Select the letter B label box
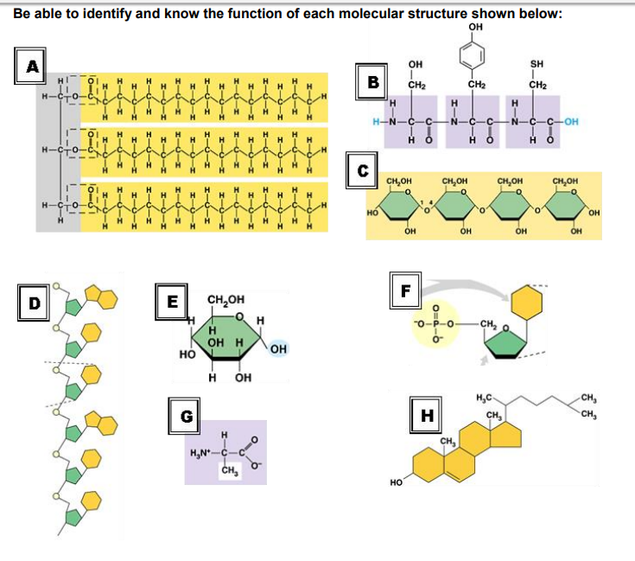tap(373, 84)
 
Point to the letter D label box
tap(35, 303)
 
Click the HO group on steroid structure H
tap(396, 484)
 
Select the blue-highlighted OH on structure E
tap(278, 348)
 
